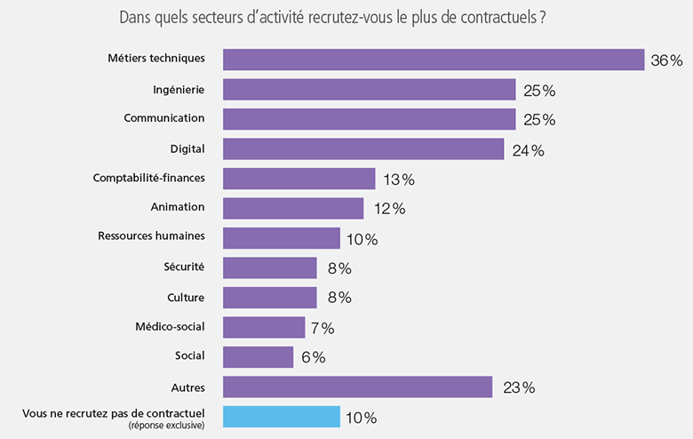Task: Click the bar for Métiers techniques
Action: pyautogui.click(x=433, y=60)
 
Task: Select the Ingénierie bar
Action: pyautogui.click(x=369, y=90)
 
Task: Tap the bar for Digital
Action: pyautogui.click(x=362, y=149)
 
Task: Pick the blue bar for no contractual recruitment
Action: pyautogui.click(x=281, y=417)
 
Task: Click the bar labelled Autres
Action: pyautogui.click(x=357, y=387)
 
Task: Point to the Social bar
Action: pyautogui.click(x=258, y=357)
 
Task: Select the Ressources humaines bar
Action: pyautogui.click(x=281, y=238)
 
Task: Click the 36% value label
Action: pyautogui.click(x=666, y=61)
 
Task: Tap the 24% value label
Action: pyautogui.click(x=527, y=151)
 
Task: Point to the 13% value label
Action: pyautogui.click(x=399, y=180)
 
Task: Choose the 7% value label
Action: pyautogui.click(x=323, y=329)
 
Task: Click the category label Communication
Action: pyautogui.click(x=164, y=118)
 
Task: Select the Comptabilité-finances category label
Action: pyautogui.click(x=148, y=178)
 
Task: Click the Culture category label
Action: pyautogui.click(x=186, y=297)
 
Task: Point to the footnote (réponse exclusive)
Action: pyautogui.click(x=167, y=426)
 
